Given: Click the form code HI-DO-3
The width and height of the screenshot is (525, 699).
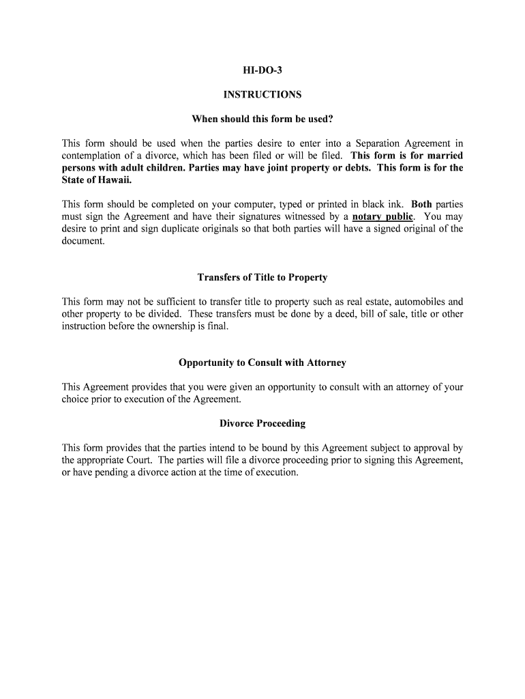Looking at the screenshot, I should pos(262,70).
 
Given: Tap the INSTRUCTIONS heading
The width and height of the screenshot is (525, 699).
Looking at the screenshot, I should pos(262,95).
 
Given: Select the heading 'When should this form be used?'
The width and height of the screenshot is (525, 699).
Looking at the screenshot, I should pos(262,119).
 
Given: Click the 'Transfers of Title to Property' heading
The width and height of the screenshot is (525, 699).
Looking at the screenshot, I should pos(262,278).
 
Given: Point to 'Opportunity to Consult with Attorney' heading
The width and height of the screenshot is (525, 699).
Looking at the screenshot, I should pos(262,362).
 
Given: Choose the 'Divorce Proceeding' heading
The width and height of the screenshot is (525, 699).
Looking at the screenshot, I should pos(262,423).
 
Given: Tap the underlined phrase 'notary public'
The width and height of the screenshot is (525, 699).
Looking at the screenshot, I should pos(382,217).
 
